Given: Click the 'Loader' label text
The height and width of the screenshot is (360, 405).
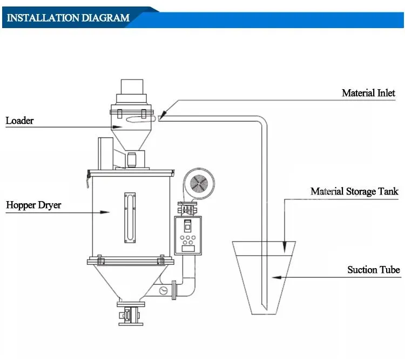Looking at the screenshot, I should (19, 121).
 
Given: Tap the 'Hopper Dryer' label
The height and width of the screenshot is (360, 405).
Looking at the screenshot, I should (33, 205).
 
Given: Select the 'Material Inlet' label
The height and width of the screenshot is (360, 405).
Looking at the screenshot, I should (368, 93).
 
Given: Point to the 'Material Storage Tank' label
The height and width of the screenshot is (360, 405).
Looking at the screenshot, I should (354, 191).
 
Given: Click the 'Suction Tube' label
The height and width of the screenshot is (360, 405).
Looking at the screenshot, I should (373, 270).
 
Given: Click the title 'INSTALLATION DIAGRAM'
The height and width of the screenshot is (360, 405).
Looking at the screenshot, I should (68, 18).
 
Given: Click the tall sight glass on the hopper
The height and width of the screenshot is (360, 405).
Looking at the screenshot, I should (127, 211).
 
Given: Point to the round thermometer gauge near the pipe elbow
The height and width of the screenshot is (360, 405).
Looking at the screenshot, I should (163, 291).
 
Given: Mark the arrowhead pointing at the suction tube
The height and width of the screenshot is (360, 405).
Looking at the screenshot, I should (274, 277).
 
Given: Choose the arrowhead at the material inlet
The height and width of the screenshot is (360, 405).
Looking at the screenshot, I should (162, 113).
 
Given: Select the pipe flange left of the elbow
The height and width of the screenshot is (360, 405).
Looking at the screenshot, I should (174, 290).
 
